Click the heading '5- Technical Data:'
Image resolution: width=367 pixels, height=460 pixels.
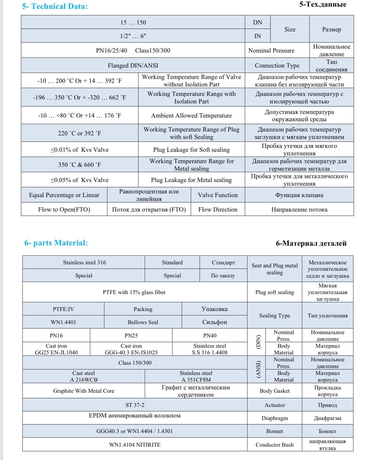(x=55, y=6)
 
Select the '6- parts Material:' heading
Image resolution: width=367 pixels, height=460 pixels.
(x=56, y=243)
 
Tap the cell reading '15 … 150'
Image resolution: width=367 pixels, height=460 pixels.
(x=133, y=23)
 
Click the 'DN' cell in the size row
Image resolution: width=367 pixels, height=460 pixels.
(x=257, y=23)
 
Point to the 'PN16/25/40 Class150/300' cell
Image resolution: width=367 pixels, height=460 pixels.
(x=133, y=51)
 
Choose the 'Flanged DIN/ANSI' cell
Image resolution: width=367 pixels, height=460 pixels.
(x=133, y=66)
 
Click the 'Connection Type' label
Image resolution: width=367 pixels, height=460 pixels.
(x=277, y=66)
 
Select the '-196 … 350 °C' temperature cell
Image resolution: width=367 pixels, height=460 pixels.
(x=80, y=98)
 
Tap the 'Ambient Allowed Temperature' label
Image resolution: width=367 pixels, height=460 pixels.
(x=191, y=116)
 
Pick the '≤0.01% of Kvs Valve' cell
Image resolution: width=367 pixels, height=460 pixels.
(x=80, y=150)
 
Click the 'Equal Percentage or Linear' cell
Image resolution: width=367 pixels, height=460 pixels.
(x=64, y=195)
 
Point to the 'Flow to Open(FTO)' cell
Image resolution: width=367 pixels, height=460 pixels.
(x=64, y=210)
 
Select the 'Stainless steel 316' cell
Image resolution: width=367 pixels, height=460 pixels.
(x=84, y=262)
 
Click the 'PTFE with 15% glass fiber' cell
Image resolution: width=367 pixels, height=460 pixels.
(x=134, y=292)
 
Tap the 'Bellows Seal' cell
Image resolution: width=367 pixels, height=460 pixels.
(x=143, y=322)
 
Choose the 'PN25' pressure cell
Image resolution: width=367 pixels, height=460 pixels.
(x=131, y=335)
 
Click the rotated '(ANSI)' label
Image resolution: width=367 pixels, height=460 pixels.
(x=258, y=369)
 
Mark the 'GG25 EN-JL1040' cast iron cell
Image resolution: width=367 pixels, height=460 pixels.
(x=56, y=349)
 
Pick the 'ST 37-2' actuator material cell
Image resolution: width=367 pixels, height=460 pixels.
(x=135, y=405)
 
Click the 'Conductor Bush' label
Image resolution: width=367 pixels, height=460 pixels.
(x=274, y=445)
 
